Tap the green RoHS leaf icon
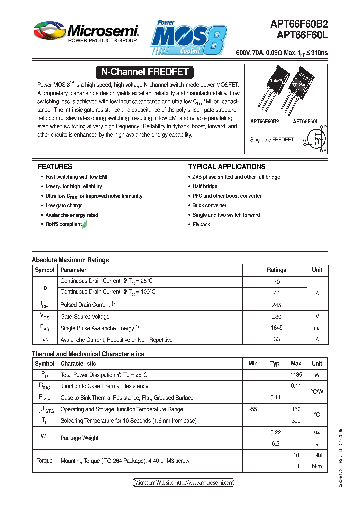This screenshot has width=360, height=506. click(85, 225)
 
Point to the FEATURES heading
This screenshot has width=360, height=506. click(55, 167)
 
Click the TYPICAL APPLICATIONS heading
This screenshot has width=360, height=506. click(226, 167)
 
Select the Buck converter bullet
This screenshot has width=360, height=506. click(209, 205)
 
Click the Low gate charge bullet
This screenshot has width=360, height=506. click(64, 205)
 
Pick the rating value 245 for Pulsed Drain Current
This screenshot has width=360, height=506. click(276, 305)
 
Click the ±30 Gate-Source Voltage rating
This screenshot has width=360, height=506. click(276, 316)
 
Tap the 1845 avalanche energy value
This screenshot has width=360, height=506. click(276, 328)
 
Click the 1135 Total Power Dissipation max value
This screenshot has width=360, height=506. click(296, 374)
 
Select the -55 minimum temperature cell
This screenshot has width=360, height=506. click(253, 409)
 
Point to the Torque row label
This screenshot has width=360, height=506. click(44, 461)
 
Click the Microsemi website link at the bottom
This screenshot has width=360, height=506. click(184, 483)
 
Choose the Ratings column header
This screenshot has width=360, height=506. click(276, 270)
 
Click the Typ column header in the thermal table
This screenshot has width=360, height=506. click(275, 363)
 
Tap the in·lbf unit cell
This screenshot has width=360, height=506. click(317, 455)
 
